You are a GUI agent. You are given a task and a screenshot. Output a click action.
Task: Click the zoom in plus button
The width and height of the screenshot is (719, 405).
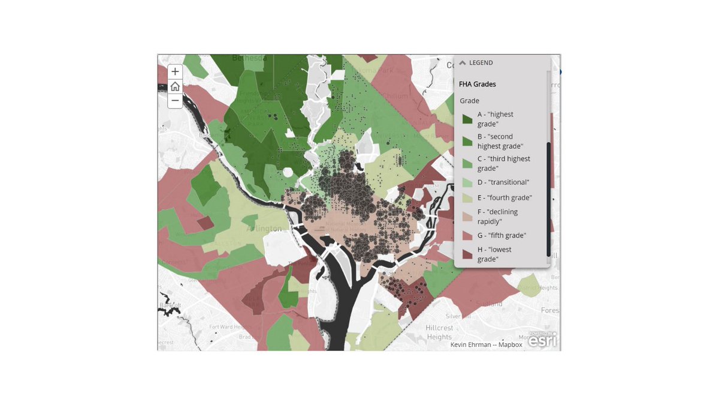pyautogui.click(x=175, y=71)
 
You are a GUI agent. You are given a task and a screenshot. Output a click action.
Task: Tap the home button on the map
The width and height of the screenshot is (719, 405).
pyautogui.click(x=175, y=86)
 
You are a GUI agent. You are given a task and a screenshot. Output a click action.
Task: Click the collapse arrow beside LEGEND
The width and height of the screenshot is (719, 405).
pyautogui.click(x=463, y=63)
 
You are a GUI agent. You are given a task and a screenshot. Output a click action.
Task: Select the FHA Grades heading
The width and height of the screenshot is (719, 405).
pyautogui.click(x=478, y=85)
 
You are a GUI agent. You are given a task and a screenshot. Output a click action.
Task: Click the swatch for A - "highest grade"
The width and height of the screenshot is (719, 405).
pyautogui.click(x=467, y=119)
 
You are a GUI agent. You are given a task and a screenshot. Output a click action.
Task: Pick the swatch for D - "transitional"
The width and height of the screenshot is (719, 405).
pyautogui.click(x=467, y=182)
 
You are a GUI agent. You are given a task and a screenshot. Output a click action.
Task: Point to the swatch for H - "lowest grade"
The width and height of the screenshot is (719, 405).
pyautogui.click(x=467, y=254)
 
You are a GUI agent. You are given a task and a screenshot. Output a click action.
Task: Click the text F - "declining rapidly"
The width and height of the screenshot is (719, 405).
pyautogui.click(x=497, y=216)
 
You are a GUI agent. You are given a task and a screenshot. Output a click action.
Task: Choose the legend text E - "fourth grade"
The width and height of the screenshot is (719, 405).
pyautogui.click(x=504, y=197)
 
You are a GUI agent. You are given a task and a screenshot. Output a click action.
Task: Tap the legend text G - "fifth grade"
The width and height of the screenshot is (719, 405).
pyautogui.click(x=502, y=235)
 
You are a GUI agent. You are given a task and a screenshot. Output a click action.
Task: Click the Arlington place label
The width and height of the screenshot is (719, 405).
pyautogui.click(x=264, y=229)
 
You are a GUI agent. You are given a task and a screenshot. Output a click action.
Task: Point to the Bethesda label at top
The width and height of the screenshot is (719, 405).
pyautogui.click(x=231, y=58)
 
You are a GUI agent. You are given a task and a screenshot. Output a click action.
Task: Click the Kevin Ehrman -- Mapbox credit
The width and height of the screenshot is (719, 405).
pyautogui.click(x=486, y=344)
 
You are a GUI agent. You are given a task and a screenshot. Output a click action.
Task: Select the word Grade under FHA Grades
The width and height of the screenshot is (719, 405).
pyautogui.click(x=469, y=101)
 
